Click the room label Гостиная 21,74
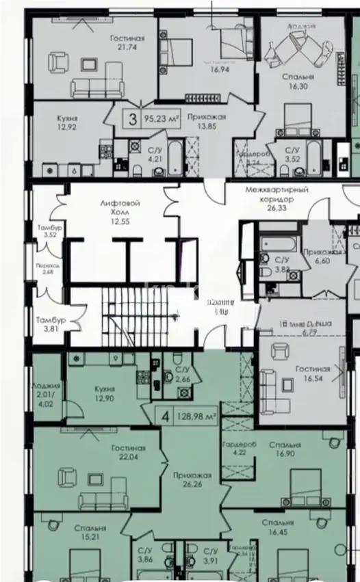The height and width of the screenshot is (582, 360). click(x=127, y=43)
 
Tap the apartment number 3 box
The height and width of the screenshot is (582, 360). click(x=131, y=118)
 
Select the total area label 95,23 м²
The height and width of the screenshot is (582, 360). click(x=162, y=118)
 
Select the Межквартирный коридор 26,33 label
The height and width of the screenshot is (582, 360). click(x=277, y=194)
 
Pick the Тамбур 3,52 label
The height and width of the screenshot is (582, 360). click(x=49, y=231)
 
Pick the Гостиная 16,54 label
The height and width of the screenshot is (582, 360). click(x=313, y=373)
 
